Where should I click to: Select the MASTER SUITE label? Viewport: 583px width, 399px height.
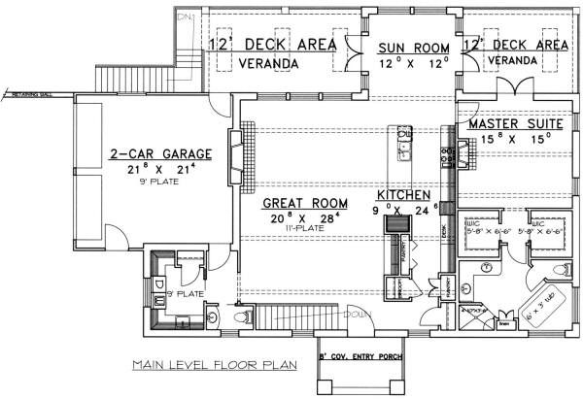[x=509, y=125]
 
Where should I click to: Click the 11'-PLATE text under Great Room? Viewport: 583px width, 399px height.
[x=304, y=233]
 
